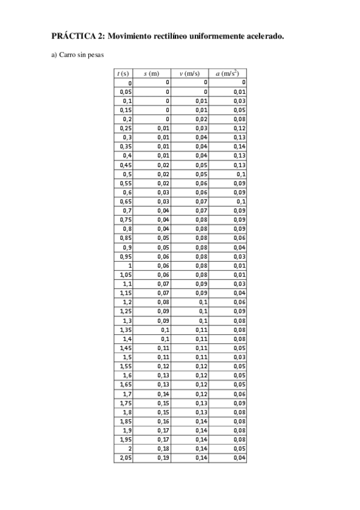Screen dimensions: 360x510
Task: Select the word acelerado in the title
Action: (264, 35)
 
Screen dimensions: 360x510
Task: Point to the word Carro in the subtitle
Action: (68, 57)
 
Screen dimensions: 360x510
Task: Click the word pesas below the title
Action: (96, 57)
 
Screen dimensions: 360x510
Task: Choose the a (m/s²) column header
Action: (227, 73)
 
